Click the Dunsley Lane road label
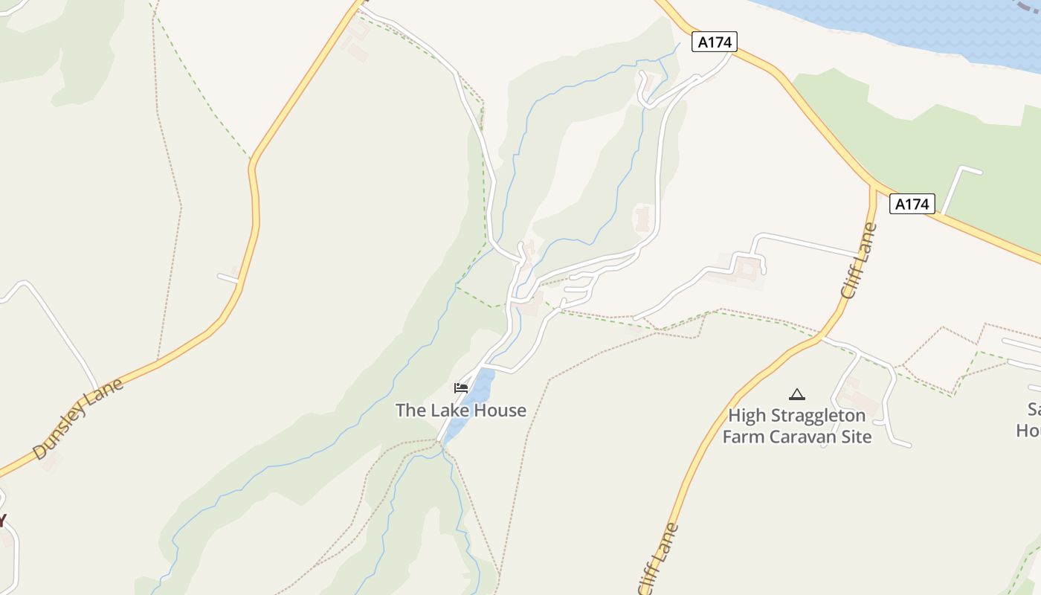pos(78,419)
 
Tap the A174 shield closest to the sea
pos(715,42)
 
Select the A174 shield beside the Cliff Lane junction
pos(912,204)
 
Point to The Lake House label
pos(460,411)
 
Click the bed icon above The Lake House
pos(461,387)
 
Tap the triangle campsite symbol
pos(797,394)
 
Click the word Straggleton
pos(818,416)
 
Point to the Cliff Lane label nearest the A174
pos(860,260)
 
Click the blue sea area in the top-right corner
pos(929,22)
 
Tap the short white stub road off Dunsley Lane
pos(228,278)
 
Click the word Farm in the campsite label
pos(744,437)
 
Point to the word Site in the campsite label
pos(856,437)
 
